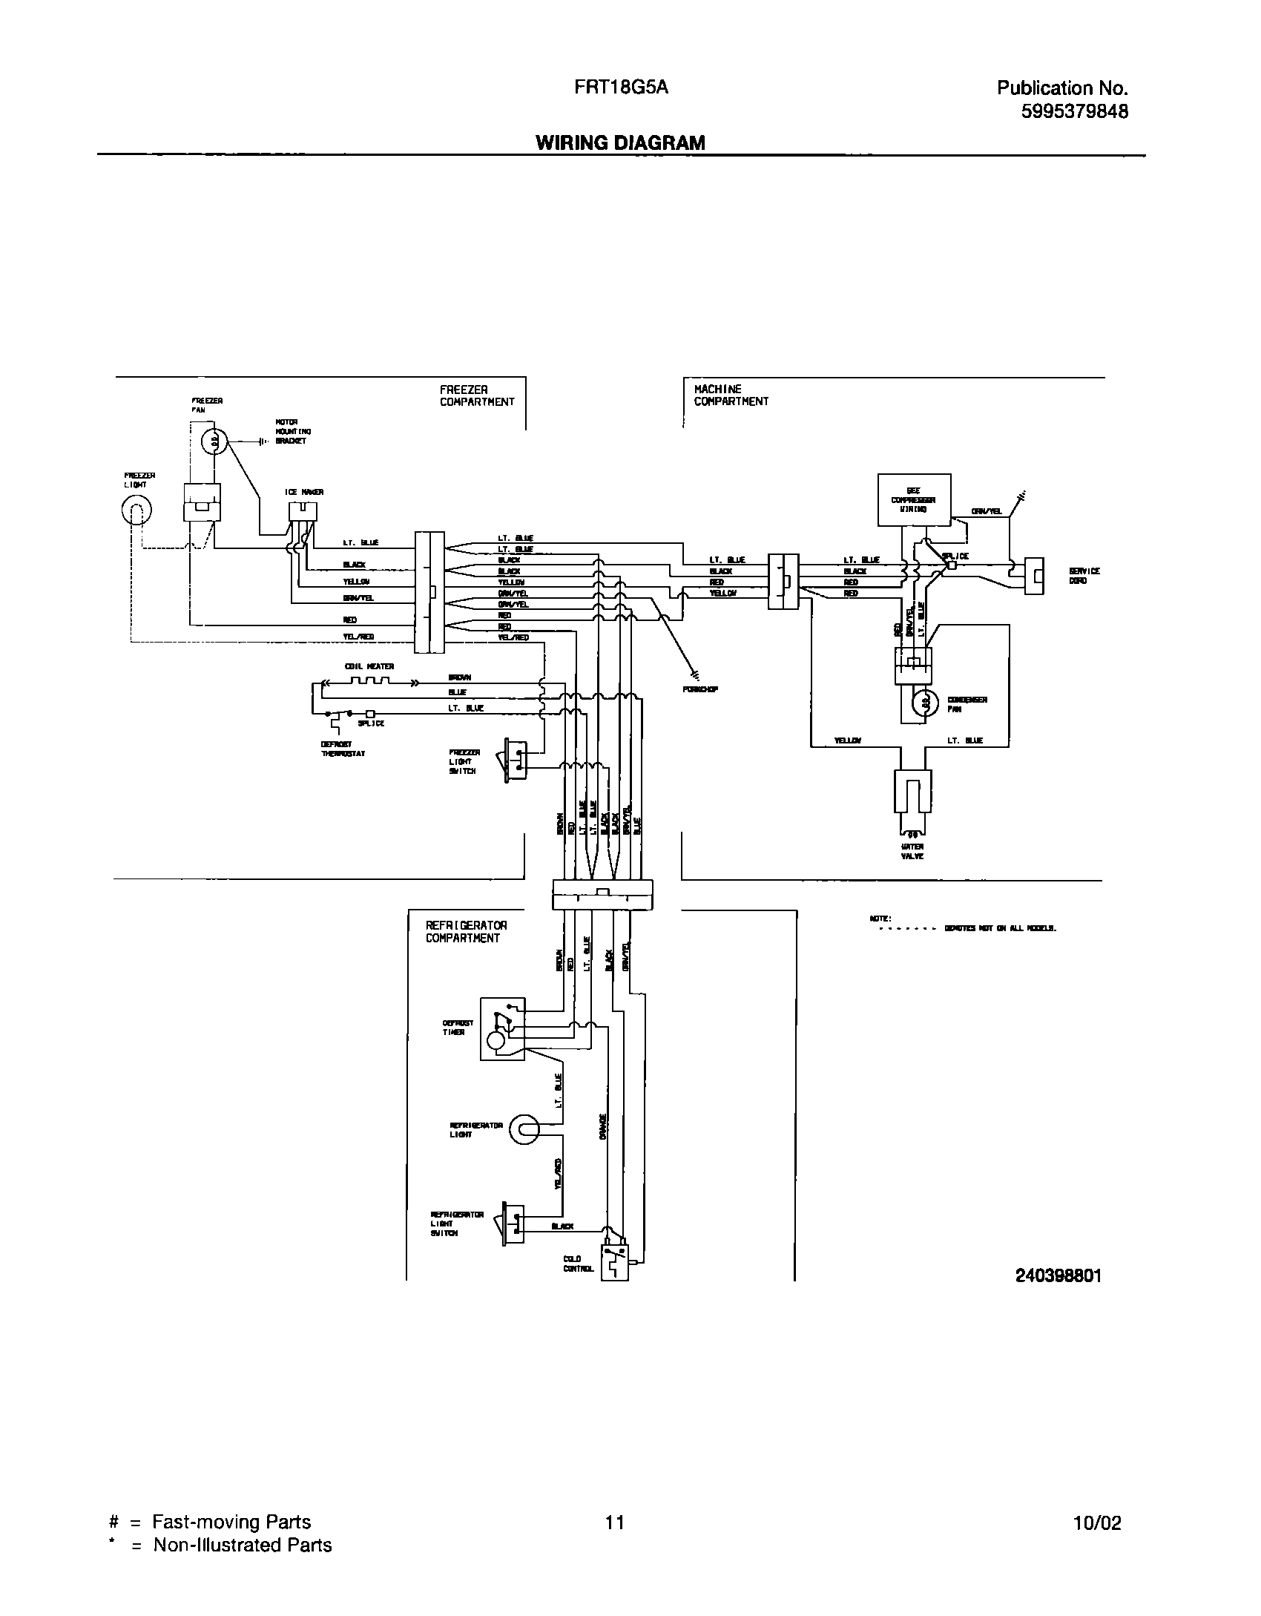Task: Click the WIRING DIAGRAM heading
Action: coord(620,142)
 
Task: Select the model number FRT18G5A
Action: coord(621,88)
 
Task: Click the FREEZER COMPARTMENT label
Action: coord(476,395)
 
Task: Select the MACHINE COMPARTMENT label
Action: coord(731,395)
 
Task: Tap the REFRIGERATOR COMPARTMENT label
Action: coord(466,931)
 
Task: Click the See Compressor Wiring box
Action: coord(913,499)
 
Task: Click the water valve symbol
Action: coord(913,793)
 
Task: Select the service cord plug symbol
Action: coord(1034,576)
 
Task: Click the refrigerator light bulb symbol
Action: coord(527,1129)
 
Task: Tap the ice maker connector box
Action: coord(302,511)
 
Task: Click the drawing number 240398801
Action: coord(1058,1275)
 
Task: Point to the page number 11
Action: coord(614,1523)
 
